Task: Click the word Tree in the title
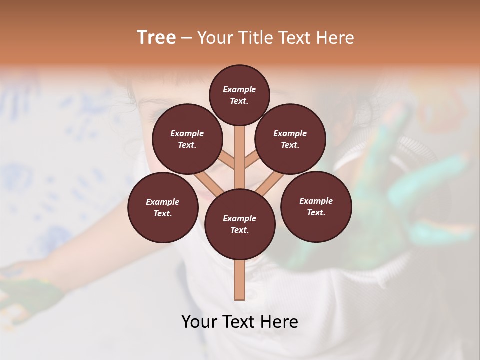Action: tap(156, 38)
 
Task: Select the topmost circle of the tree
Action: tap(239, 95)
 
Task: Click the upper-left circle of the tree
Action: tap(187, 139)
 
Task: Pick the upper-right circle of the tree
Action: tap(290, 139)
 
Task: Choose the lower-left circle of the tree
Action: tap(163, 207)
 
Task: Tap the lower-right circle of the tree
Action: tap(316, 206)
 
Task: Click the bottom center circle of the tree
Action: tap(240, 224)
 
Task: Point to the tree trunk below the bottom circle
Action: tap(240, 280)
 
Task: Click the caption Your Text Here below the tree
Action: tap(240, 322)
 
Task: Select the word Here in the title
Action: tap(335, 38)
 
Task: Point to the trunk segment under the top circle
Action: tap(240, 150)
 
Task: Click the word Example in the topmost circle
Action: tap(239, 89)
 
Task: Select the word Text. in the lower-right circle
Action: tap(316, 212)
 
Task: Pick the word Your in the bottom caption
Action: tap(200, 322)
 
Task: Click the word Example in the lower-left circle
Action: tap(163, 202)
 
